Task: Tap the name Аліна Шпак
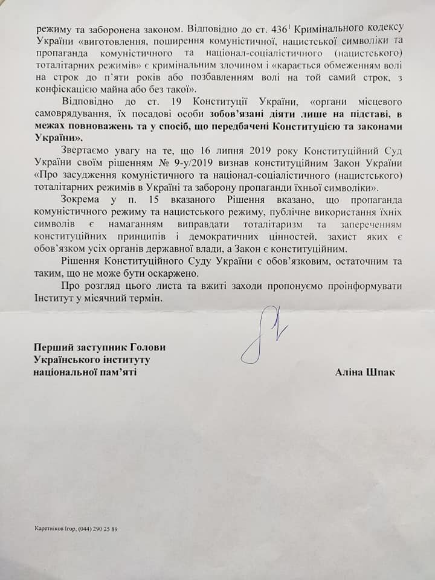tap(366, 372)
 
